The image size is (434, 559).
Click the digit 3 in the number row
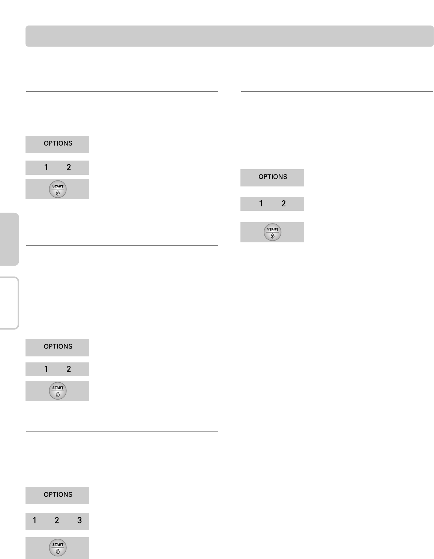pos(80,520)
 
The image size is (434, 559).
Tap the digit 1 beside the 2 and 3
pos(35,520)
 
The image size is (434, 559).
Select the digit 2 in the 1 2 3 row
pos(57,520)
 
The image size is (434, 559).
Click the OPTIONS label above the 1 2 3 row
pos(58,495)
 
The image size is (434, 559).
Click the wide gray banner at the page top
pos(230,36)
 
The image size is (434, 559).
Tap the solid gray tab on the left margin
pos(9,239)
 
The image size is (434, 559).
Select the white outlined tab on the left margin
pos(9,303)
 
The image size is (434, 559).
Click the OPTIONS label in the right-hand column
pos(273,177)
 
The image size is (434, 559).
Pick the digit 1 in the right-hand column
pos(261,204)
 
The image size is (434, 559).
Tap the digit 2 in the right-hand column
pos(284,204)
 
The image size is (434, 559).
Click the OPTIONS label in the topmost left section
pos(58,144)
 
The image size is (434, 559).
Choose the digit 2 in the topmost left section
pos(69,167)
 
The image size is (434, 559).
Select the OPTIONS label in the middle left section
pos(58,347)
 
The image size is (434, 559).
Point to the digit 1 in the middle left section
pos(46,369)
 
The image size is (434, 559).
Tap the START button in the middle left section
pos(58,391)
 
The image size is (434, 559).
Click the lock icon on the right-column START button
pos(273,236)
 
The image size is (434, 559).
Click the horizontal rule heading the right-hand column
pos(337,91)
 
